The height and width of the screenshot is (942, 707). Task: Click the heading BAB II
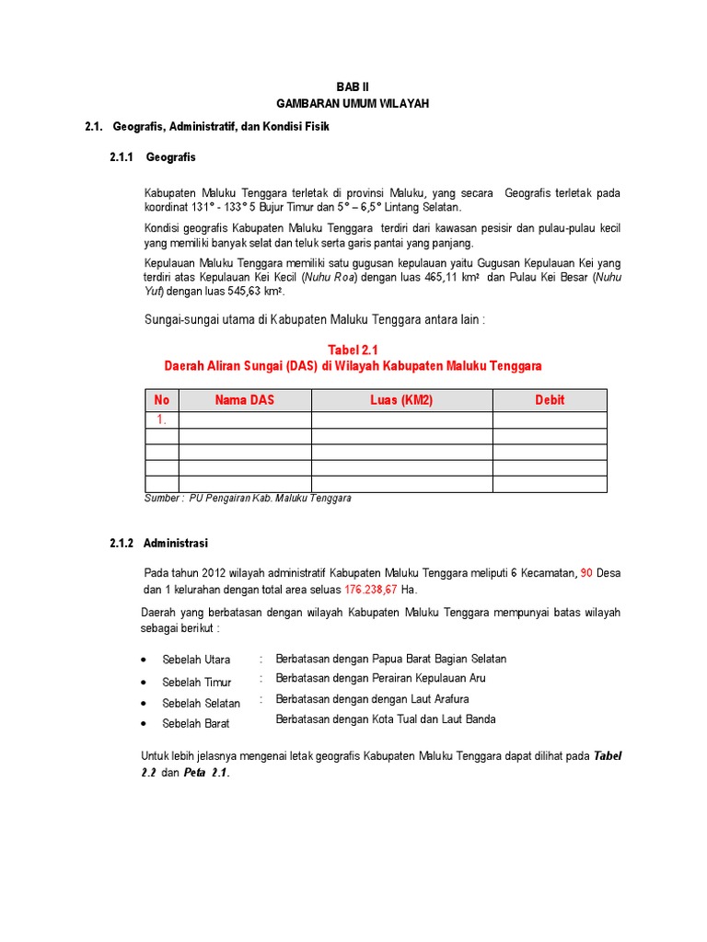tap(353, 86)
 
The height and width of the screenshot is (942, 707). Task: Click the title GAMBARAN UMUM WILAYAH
tap(353, 104)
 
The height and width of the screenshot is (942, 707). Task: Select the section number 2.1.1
tap(122, 158)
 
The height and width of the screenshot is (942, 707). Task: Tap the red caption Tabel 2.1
tap(353, 349)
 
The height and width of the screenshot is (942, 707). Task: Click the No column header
tap(162, 400)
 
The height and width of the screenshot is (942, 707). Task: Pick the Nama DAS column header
tap(245, 400)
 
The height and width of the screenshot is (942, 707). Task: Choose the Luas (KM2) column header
tap(401, 400)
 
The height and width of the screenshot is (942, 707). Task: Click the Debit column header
tap(550, 400)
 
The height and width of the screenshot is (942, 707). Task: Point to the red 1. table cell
tap(162, 420)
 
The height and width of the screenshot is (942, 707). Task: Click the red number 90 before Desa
tap(587, 573)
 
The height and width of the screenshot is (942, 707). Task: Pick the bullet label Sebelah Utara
tap(196, 660)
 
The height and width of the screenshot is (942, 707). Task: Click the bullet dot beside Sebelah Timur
tap(145, 683)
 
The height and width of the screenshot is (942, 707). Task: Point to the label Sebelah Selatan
tap(201, 703)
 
